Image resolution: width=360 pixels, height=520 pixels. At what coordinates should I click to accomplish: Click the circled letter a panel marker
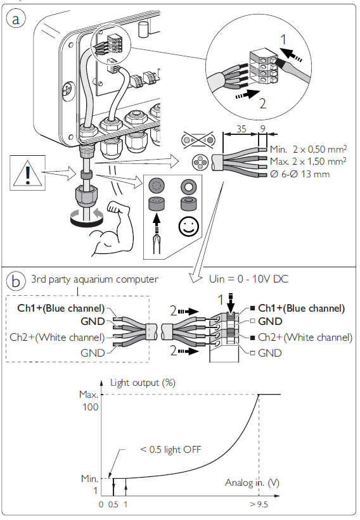point(16,19)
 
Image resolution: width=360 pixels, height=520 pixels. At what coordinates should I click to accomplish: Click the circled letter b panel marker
point(16,281)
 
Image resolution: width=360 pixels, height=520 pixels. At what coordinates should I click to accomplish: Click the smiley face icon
point(188,227)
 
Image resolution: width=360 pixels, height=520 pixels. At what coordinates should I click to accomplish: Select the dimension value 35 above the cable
point(241,129)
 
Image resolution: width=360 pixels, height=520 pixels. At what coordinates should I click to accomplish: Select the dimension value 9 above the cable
point(263,129)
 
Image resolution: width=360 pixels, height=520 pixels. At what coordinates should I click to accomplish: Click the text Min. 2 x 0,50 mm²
point(308,149)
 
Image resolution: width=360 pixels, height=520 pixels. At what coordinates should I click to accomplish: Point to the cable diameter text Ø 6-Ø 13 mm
point(300,174)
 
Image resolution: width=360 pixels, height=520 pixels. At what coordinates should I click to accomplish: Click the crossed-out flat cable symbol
point(198,140)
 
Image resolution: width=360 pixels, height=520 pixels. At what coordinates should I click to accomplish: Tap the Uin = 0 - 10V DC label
point(248,279)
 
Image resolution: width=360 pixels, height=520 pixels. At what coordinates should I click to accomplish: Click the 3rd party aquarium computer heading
point(94,279)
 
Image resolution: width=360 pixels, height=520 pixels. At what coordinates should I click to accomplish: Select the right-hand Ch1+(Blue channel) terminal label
point(301,308)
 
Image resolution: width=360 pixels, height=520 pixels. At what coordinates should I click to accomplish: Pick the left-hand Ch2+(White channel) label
point(57,337)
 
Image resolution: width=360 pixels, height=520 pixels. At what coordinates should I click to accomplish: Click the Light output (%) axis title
point(143,383)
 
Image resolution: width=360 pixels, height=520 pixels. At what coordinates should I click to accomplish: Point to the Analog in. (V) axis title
point(252,483)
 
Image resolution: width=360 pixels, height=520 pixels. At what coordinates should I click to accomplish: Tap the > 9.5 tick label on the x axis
point(259,504)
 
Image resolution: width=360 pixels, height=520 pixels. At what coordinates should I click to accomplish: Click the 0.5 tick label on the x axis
point(113,504)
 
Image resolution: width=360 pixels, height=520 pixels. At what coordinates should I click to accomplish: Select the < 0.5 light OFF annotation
point(170,449)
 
